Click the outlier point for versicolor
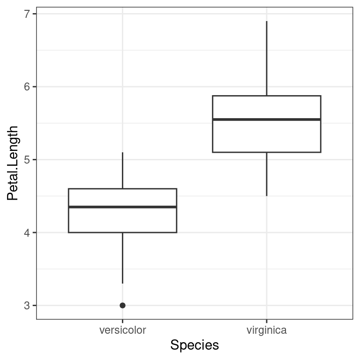point(122,305)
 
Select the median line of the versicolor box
point(122,207)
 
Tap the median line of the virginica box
point(266,120)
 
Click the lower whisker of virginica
point(267,174)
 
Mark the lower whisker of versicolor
point(122,258)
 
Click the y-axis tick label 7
point(27,14)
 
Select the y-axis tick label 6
point(27,87)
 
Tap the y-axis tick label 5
point(27,160)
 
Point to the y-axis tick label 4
point(27,232)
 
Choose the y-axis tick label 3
point(27,306)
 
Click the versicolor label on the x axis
point(122,330)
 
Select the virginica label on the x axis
point(266,330)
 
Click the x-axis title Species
point(195,345)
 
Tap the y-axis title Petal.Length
point(13,163)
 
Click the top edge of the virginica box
point(266,96)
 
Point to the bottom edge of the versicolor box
point(122,232)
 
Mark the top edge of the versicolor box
point(122,189)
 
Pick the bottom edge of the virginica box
point(266,152)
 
